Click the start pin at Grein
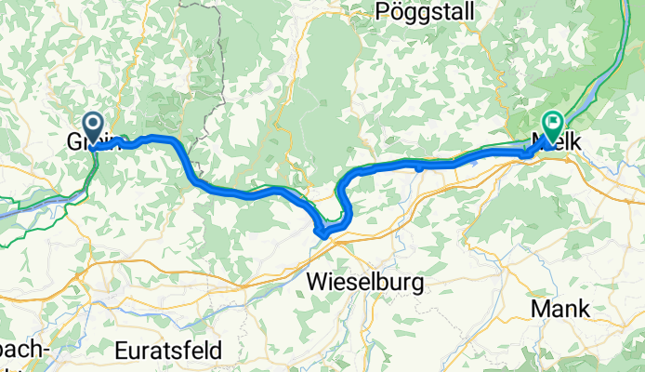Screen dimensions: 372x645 [94, 126]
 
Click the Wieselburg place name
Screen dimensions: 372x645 [364, 280]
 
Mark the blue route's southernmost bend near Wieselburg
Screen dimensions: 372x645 [322, 232]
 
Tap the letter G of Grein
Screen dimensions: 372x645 [74, 143]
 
